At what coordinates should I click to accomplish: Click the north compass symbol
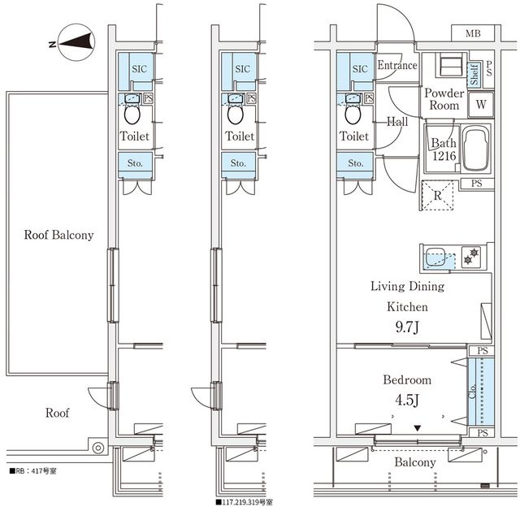click(76, 42)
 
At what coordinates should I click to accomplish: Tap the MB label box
click(473, 33)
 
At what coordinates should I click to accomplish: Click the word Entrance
click(397, 65)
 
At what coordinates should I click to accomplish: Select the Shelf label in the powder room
click(474, 74)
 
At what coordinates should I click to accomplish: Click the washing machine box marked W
click(481, 105)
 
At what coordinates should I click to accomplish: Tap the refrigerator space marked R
click(437, 195)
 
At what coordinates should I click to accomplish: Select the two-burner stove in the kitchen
click(471, 256)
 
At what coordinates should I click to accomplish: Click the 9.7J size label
click(407, 327)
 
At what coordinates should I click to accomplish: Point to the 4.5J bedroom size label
click(407, 401)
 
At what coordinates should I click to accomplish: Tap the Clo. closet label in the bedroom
click(472, 392)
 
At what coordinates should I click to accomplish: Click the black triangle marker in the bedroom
click(418, 428)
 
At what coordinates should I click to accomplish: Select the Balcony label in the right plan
click(415, 461)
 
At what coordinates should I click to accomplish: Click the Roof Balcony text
click(58, 235)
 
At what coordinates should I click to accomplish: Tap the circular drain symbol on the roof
click(98, 448)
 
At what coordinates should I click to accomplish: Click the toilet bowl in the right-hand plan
click(353, 115)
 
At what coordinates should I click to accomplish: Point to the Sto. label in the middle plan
click(238, 163)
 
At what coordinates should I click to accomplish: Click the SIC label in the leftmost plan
click(139, 68)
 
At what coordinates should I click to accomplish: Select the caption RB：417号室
click(33, 471)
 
